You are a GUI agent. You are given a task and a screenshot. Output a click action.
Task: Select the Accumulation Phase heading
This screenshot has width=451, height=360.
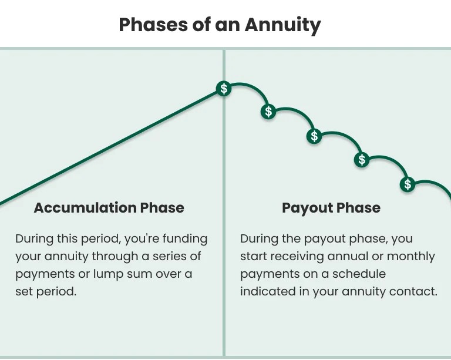click(x=109, y=207)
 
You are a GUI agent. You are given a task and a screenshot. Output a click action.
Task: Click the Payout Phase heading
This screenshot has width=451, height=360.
click(x=331, y=207)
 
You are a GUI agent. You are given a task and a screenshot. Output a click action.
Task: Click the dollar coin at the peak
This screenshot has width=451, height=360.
click(x=223, y=89)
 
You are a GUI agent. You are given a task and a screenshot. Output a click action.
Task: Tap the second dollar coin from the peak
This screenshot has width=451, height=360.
click(x=269, y=111)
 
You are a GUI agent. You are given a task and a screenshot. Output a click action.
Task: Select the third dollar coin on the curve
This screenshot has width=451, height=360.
click(x=315, y=136)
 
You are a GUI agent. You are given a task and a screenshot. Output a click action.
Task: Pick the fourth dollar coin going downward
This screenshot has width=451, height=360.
click(x=362, y=159)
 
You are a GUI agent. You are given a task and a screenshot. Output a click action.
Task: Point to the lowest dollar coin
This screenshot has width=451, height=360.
click(x=408, y=184)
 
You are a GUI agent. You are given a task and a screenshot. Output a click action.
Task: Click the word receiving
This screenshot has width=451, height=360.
click(x=305, y=257)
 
